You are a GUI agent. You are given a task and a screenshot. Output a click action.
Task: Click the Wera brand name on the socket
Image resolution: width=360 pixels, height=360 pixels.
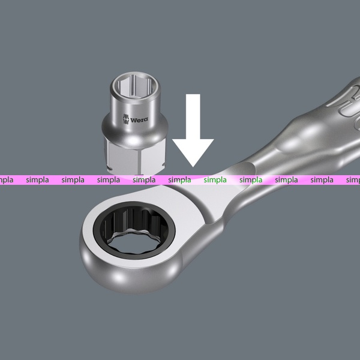coord(139,119)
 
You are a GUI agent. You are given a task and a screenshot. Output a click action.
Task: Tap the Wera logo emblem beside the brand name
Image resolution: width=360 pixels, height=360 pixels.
coord(125,119)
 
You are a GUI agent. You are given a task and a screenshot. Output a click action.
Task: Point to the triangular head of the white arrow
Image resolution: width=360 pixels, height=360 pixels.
coord(193,152)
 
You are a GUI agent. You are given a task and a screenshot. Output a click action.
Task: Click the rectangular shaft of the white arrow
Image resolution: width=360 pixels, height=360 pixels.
coord(193,116)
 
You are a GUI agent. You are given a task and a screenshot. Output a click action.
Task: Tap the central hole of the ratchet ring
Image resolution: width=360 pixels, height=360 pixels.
coord(135,242)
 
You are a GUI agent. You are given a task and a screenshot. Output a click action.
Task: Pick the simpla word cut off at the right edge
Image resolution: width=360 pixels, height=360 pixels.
coord(353,180)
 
